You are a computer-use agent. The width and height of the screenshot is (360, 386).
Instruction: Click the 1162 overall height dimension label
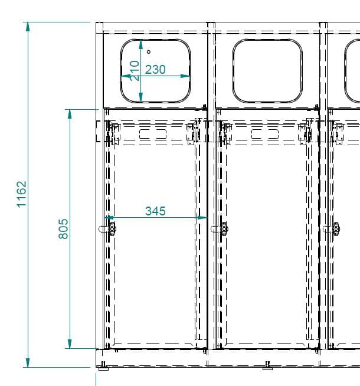21,194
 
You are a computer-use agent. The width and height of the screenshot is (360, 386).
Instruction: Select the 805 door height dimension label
63,228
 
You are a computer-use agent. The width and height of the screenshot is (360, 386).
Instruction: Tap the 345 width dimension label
155,211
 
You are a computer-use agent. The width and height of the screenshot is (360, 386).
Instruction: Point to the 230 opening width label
155,70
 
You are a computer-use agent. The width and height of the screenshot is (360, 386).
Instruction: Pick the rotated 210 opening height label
135,71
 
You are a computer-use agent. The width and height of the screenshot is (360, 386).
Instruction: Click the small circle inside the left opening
149,52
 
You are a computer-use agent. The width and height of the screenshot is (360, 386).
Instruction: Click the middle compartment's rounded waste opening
267,40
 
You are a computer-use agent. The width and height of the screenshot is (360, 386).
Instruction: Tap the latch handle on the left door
112,229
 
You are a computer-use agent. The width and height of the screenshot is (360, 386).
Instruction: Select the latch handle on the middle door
224,229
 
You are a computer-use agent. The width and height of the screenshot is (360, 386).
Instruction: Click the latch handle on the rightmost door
336,229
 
